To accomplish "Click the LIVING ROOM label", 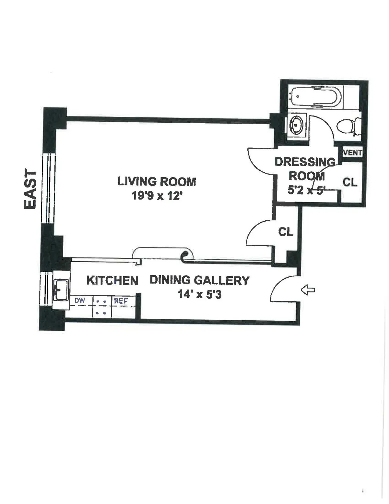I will click(157, 181).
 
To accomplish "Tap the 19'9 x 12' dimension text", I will click(155, 196).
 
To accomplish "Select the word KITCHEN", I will click(112, 280).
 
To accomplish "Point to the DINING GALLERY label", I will click(199, 280).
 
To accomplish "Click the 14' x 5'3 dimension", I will click(199, 294).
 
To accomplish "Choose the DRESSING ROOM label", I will click(305, 169).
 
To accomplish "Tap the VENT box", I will click(352, 152).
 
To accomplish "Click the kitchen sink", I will click(61, 289).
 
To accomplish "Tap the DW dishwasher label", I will click(80, 301).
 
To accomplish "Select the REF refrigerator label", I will click(121, 301).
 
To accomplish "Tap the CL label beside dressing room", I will click(350, 182).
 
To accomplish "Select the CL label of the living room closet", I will click(286, 232).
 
